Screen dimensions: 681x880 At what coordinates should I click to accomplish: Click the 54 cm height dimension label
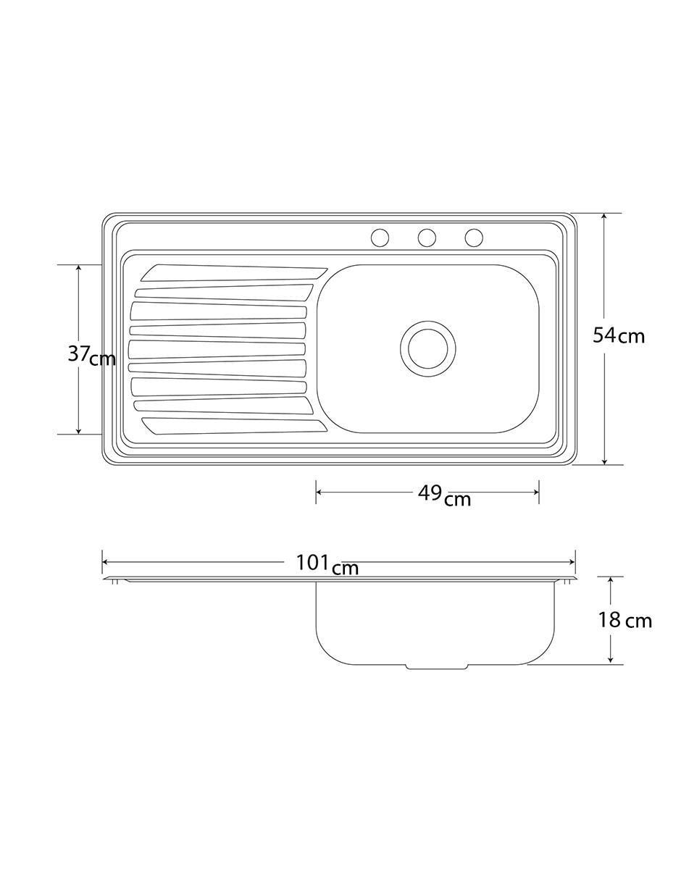coord(618,336)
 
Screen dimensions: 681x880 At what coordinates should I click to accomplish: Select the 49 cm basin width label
coord(444,496)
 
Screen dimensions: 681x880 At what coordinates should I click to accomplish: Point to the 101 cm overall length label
coord(327,564)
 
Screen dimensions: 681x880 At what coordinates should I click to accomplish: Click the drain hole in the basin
coord(428,348)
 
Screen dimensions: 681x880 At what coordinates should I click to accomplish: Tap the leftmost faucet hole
coord(380,238)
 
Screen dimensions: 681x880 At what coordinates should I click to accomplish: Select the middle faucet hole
coord(427,238)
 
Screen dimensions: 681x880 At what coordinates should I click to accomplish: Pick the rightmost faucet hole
coord(474,238)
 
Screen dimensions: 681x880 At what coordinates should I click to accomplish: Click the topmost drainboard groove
coord(233,273)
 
